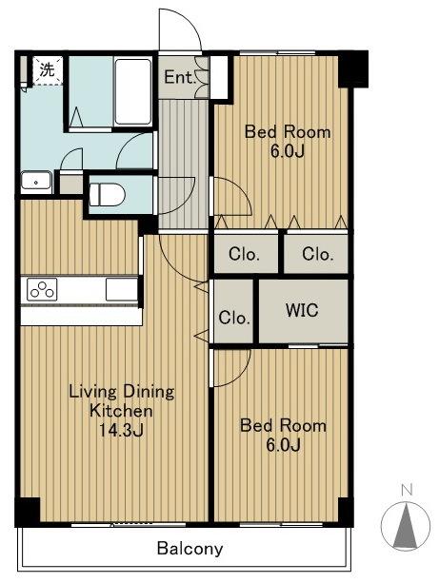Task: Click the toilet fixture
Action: pyautogui.click(x=107, y=195)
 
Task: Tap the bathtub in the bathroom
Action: pyautogui.click(x=133, y=92)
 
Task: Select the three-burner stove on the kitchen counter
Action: pyautogui.click(x=42, y=290)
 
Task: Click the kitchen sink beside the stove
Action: pyautogui.click(x=121, y=289)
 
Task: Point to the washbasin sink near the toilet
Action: pyautogui.click(x=36, y=182)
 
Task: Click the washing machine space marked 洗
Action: pyautogui.click(x=48, y=70)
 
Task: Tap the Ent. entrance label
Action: pyautogui.click(x=180, y=77)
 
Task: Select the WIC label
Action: pyautogui.click(x=302, y=310)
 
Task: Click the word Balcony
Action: pyautogui.click(x=190, y=549)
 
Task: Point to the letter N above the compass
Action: pyautogui.click(x=408, y=490)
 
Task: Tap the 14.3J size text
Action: pyautogui.click(x=121, y=430)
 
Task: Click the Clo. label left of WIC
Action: pyautogui.click(x=234, y=318)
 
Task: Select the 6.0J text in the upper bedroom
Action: pyautogui.click(x=288, y=151)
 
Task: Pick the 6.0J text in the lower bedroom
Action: pyautogui.click(x=284, y=445)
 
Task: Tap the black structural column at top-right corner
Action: pyautogui.click(x=353, y=69)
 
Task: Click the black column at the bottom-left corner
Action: pyautogui.click(x=28, y=512)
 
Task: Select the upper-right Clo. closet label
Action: pyautogui.click(x=318, y=254)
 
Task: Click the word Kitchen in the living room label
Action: pyautogui.click(x=121, y=411)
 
